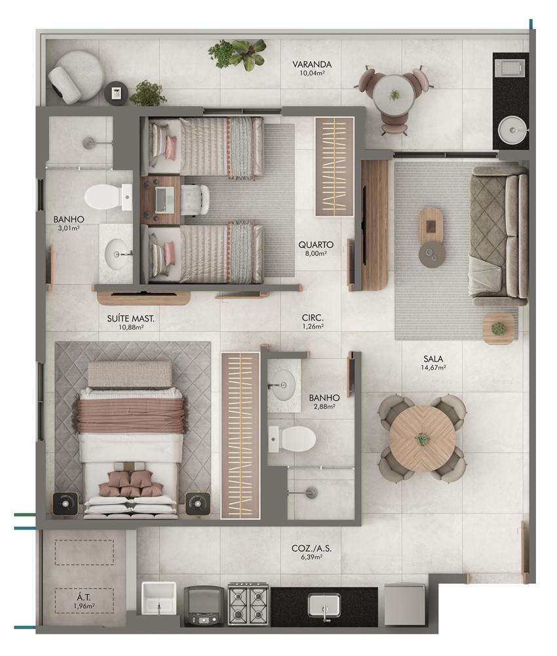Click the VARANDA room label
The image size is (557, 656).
(312, 64)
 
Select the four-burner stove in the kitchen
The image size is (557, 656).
(248, 604)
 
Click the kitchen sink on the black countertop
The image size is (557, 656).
(324, 605)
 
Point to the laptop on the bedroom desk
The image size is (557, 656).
(164, 199)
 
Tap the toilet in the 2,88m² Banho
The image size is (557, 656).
(292, 439)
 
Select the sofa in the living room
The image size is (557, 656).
(499, 236)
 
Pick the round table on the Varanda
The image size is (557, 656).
(394, 95)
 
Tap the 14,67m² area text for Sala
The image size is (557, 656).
(433, 368)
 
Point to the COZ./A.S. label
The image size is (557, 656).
(311, 548)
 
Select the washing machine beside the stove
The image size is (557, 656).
(204, 605)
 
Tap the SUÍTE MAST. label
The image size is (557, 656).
(131, 318)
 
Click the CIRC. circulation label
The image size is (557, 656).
(313, 318)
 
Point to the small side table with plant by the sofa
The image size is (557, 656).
(498, 329)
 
